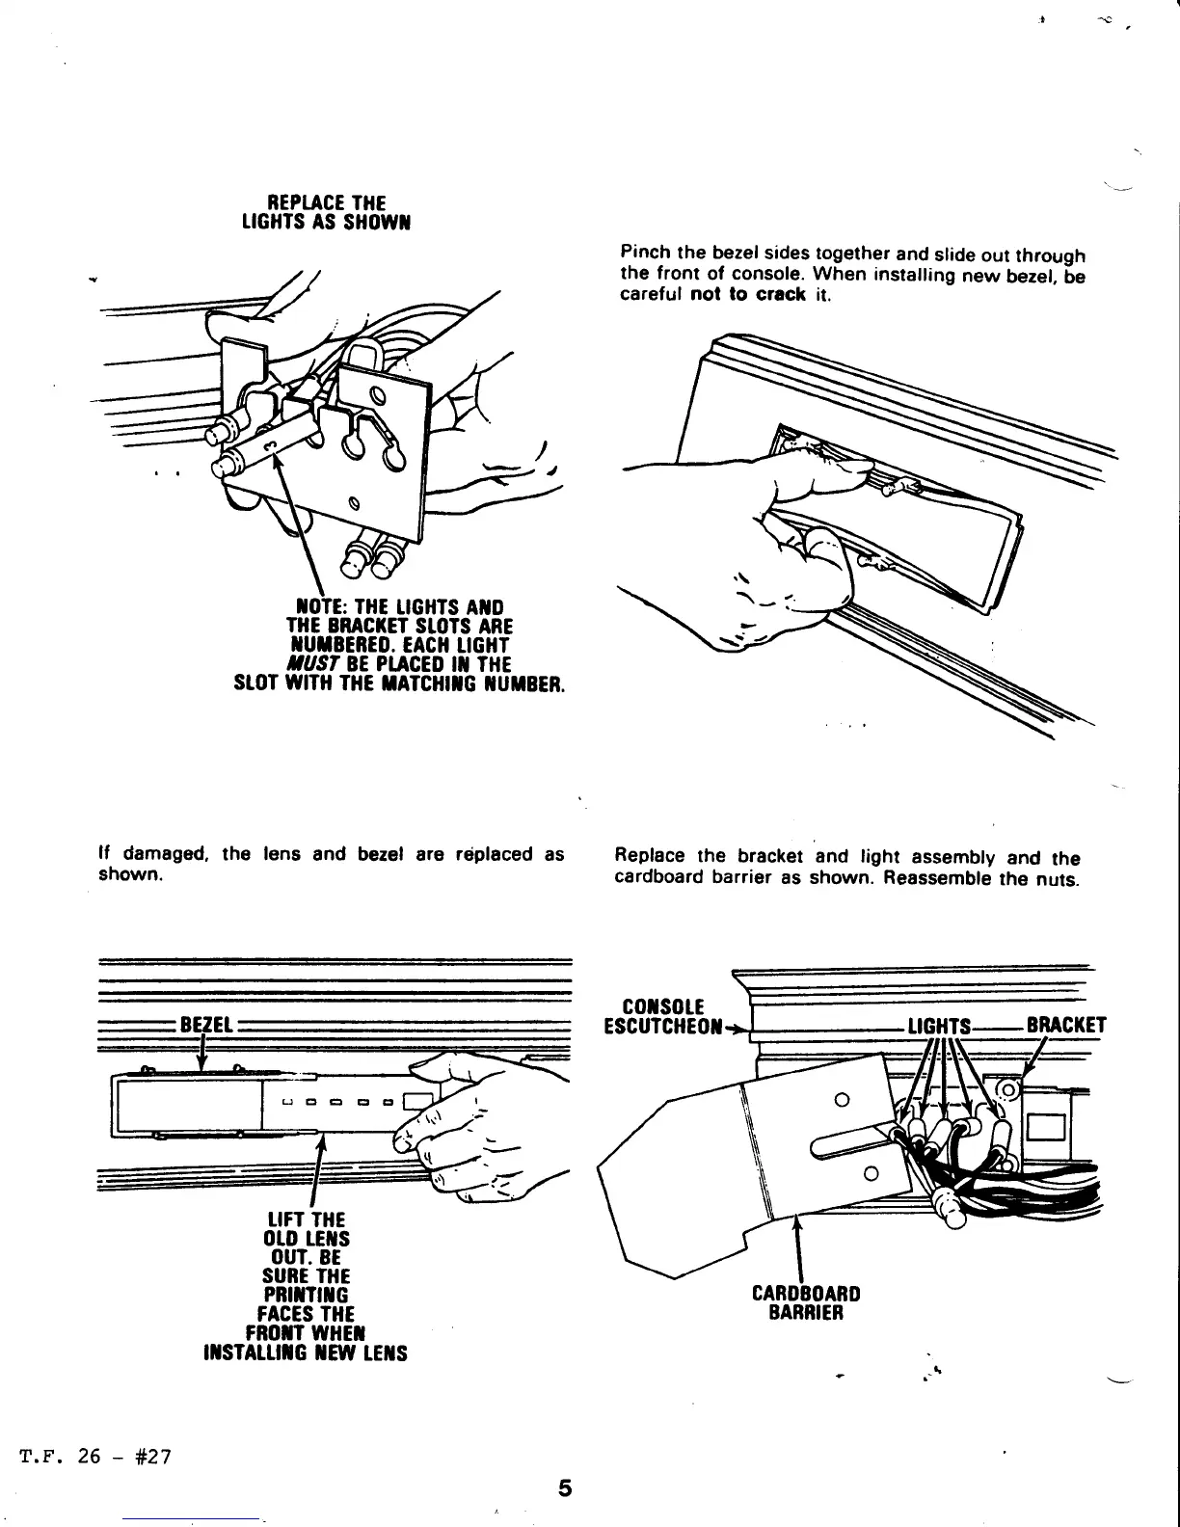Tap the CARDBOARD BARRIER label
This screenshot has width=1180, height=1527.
click(806, 1302)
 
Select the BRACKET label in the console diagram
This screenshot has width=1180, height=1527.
click(1066, 1025)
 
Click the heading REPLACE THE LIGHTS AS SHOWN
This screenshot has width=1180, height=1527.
click(314, 212)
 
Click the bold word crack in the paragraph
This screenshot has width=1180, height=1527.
click(780, 295)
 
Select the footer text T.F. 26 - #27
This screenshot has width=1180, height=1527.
click(94, 1456)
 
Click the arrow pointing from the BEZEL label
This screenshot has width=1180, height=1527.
click(201, 1057)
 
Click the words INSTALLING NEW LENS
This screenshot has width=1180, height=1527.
click(306, 1353)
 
